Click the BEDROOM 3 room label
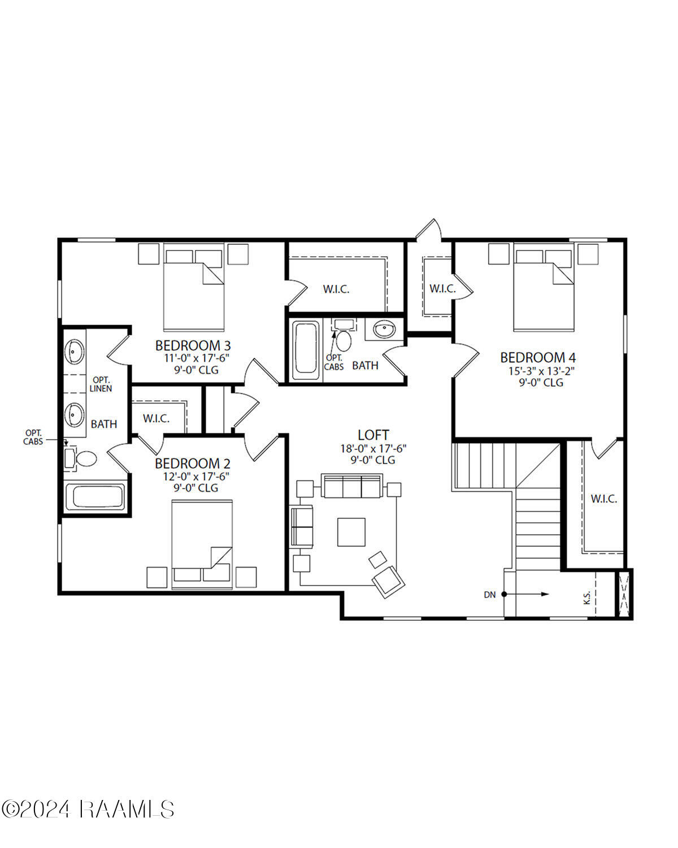click(x=193, y=345)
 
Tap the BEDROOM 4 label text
click(x=538, y=357)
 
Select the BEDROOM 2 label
click(x=193, y=464)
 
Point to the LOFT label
click(x=373, y=435)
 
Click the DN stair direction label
click(x=490, y=595)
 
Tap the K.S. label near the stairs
click(x=587, y=597)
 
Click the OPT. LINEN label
click(x=101, y=384)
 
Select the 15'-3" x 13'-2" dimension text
click(x=538, y=371)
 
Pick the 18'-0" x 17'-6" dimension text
click(x=373, y=448)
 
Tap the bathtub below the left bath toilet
click(x=95, y=497)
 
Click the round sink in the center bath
click(x=385, y=329)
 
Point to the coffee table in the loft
click(x=351, y=532)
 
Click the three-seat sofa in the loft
click(x=351, y=486)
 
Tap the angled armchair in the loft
click(x=388, y=581)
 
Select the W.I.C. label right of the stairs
click(x=604, y=499)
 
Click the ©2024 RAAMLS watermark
click(x=88, y=809)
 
